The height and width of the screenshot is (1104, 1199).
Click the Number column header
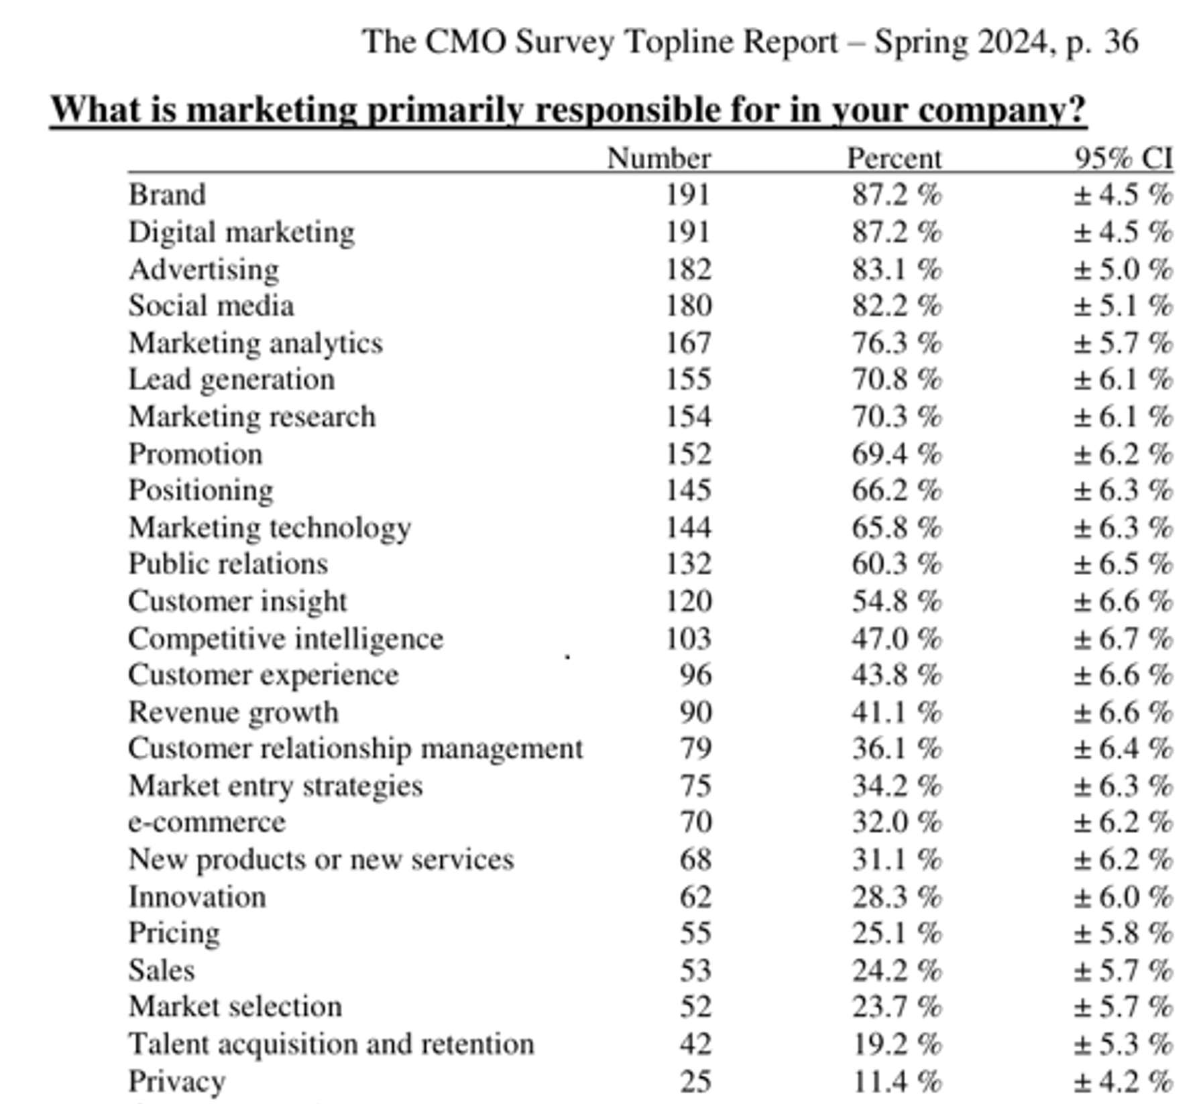(659, 159)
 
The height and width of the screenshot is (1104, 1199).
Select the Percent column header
(894, 159)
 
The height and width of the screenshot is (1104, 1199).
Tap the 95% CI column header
(1124, 159)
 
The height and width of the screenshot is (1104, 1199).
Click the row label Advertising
(204, 269)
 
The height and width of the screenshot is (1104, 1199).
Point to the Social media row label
(211, 306)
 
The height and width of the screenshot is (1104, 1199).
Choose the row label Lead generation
(231, 380)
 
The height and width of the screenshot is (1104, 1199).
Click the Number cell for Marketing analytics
(687, 343)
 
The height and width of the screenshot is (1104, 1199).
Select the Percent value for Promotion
(896, 454)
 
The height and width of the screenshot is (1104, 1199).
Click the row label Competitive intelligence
(286, 639)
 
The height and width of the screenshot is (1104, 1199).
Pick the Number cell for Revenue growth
(695, 712)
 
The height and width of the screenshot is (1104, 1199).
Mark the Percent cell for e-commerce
(896, 822)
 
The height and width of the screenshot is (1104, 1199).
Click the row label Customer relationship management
(355, 749)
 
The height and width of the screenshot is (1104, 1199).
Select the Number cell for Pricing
(695, 934)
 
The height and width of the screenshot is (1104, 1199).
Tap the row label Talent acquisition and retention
(331, 1044)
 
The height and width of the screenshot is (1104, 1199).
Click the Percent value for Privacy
(896, 1081)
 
